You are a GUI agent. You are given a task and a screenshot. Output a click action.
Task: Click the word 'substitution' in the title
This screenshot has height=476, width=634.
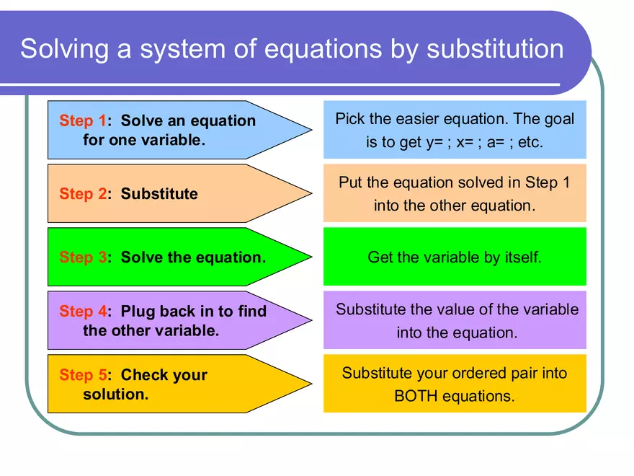pyautogui.click(x=495, y=49)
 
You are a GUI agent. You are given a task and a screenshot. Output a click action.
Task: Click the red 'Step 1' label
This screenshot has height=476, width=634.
pyautogui.click(x=82, y=120)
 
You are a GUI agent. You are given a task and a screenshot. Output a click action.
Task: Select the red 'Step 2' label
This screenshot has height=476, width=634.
pyautogui.click(x=82, y=194)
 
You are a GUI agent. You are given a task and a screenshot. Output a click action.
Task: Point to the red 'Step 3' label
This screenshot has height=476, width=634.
pyautogui.click(x=82, y=257)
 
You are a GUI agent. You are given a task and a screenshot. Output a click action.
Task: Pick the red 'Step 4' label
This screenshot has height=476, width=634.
pyautogui.click(x=82, y=312)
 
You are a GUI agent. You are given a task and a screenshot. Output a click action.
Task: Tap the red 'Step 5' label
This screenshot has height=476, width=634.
pyautogui.click(x=82, y=375)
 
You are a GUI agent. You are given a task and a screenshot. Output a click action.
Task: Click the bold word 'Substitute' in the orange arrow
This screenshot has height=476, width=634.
pyautogui.click(x=159, y=194)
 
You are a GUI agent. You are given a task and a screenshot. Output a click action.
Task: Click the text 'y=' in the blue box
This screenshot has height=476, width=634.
pyautogui.click(x=433, y=142)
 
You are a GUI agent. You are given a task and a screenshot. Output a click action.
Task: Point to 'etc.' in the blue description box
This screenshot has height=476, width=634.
pyautogui.click(x=530, y=142)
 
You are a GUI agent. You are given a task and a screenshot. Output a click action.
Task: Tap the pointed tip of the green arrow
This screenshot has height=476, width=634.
pyautogui.click(x=311, y=257)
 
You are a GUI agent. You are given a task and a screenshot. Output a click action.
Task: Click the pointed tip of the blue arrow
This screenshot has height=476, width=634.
pyautogui.click(x=311, y=130)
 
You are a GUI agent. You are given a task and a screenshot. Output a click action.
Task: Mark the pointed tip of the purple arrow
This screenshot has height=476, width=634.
pyautogui.click(x=311, y=320)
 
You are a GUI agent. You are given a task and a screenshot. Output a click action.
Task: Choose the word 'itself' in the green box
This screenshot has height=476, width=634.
pyautogui.click(x=519, y=257)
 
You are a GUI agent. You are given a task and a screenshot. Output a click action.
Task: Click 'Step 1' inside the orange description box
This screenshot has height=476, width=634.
pyautogui.click(x=548, y=182)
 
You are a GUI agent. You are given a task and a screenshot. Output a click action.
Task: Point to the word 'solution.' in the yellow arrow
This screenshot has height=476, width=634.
pyautogui.click(x=115, y=395)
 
